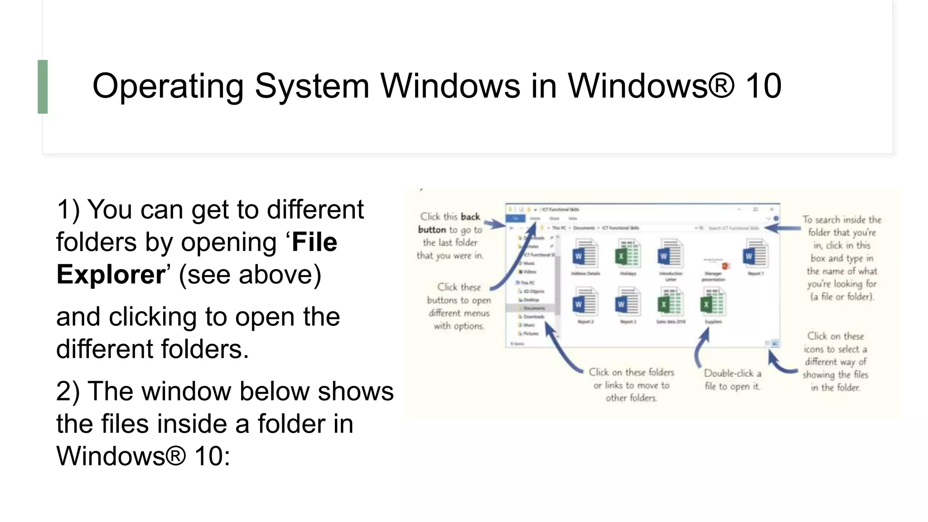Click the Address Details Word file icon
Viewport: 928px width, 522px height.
pos(585,255)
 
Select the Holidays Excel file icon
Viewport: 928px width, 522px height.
pos(628,255)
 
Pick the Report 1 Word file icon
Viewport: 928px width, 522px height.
pos(755,255)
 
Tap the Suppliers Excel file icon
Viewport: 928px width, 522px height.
pos(713,303)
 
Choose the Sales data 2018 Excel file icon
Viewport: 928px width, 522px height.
pos(670,303)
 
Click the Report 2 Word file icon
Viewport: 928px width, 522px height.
pos(585,303)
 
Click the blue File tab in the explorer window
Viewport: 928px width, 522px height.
pos(515,218)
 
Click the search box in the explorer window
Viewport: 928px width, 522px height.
pos(734,228)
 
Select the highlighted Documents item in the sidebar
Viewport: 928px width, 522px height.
pos(533,308)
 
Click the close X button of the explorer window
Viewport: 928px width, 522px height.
pos(771,209)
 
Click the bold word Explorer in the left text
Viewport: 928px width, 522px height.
pos(111,275)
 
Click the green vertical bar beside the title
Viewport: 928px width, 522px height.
pos(43,87)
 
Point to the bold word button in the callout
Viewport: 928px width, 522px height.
pos(432,230)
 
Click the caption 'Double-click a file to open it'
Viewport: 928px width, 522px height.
pos(732,380)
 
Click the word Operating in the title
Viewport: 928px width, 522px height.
pos(168,86)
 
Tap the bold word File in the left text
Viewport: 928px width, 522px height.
pos(314,242)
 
